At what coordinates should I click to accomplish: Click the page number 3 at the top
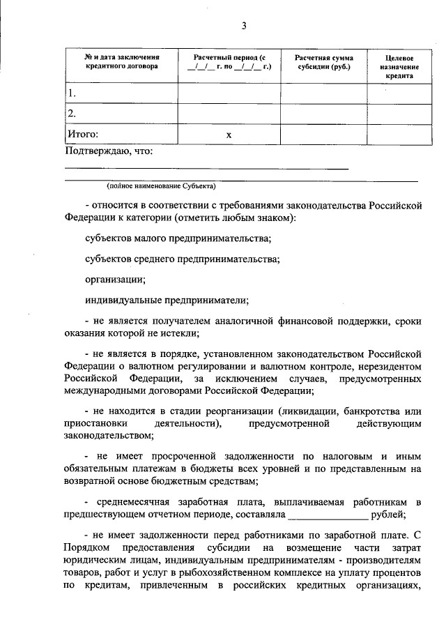pos(244,26)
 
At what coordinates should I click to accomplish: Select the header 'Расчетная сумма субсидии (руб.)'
pos(323,61)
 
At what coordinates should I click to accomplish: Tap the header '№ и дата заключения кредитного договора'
pos(121,61)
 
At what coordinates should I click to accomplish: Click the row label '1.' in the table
pos(71,93)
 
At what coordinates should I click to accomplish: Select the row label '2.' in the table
pos(71,113)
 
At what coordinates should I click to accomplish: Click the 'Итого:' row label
pos(83,134)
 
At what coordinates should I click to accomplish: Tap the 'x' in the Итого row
pos(229,135)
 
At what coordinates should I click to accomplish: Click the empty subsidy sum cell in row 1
pos(323,93)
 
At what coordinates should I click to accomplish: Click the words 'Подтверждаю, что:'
pos(109,151)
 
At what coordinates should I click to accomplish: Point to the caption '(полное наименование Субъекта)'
pos(162,187)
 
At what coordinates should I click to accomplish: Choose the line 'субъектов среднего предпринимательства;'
pos(182,259)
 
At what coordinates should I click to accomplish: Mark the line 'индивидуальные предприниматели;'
pos(167,300)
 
